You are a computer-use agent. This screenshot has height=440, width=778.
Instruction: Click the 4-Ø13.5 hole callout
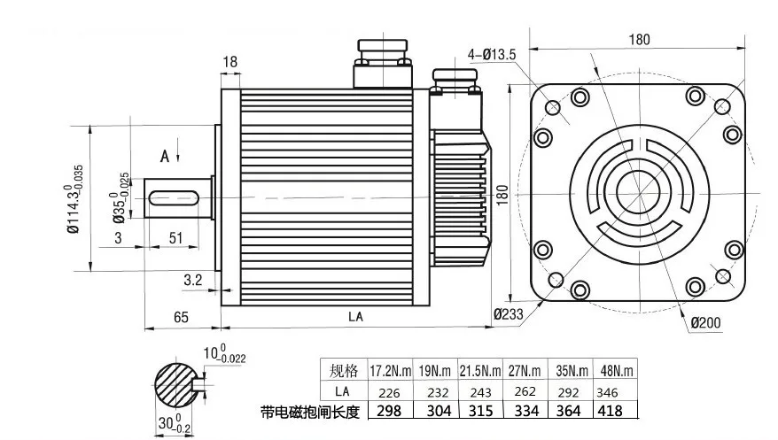491,54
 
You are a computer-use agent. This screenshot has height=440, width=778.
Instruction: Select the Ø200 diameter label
705,323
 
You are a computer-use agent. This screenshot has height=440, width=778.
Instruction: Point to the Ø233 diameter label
508,314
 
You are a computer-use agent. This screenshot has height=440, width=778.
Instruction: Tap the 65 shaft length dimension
181,317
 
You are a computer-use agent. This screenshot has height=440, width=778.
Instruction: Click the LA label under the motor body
355,317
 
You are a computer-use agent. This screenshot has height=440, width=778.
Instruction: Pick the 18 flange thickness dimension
230,62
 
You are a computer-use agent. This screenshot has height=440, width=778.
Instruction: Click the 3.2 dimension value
193,281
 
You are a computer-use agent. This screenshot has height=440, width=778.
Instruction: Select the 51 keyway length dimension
176,238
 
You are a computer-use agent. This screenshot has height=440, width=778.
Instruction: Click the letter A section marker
165,157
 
